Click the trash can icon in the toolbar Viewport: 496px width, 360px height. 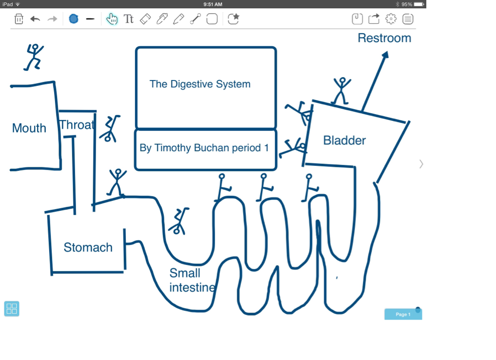[19, 19]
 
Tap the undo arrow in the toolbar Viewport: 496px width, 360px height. [35, 19]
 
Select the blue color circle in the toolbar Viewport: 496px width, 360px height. [74, 19]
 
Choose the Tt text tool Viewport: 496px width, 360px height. [128, 19]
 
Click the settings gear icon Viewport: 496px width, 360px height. [391, 19]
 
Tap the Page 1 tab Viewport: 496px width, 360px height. [403, 314]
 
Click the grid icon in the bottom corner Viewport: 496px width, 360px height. [12, 308]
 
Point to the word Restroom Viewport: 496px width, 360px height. [384, 38]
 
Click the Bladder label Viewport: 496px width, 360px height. [344, 140]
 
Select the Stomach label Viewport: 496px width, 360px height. [88, 247]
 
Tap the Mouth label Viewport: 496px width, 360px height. [29, 128]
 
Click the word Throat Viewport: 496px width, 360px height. [77, 125]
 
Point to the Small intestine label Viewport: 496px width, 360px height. [192, 280]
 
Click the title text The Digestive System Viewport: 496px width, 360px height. [200, 84]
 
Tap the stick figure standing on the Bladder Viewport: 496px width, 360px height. [341, 90]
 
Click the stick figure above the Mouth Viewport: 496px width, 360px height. [34, 57]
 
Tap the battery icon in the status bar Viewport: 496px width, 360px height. [419, 4]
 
